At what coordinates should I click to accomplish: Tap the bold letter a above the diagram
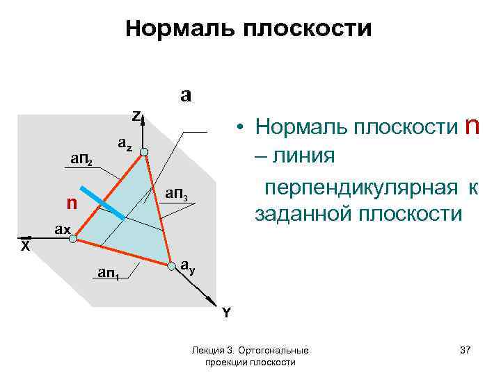coord(186,94)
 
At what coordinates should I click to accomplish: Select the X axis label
coord(25,247)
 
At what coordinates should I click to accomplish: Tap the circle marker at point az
coord(143,152)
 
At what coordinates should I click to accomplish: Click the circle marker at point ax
coord(74,237)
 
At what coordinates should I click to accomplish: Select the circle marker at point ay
coord(170,265)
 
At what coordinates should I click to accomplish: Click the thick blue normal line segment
coord(102,203)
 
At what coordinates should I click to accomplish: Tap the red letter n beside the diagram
coord(70,203)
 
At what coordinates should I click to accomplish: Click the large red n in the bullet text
coord(472,126)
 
